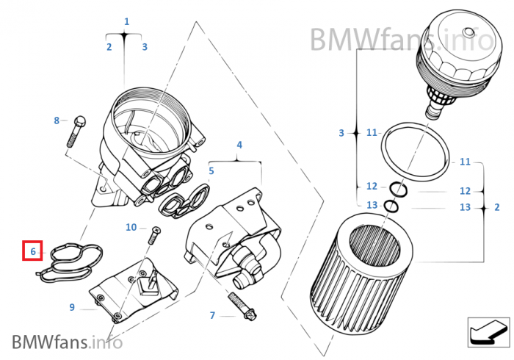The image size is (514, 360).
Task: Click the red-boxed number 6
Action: pyautogui.click(x=33, y=251)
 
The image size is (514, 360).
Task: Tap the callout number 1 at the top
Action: pyautogui.click(x=126, y=22)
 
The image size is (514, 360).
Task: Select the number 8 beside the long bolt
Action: pyautogui.click(x=57, y=120)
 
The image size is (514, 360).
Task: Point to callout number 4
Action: pyautogui.click(x=239, y=145)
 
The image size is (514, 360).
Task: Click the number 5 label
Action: pyautogui.click(x=211, y=171)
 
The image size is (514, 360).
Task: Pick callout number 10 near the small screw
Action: pyautogui.click(x=131, y=228)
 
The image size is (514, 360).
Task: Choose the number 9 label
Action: pyautogui.click(x=72, y=307)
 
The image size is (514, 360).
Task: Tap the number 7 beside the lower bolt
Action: pyautogui.click(x=212, y=316)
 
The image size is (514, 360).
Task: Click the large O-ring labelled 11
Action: pyautogui.click(x=416, y=154)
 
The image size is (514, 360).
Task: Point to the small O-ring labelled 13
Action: pyautogui.click(x=392, y=206)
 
